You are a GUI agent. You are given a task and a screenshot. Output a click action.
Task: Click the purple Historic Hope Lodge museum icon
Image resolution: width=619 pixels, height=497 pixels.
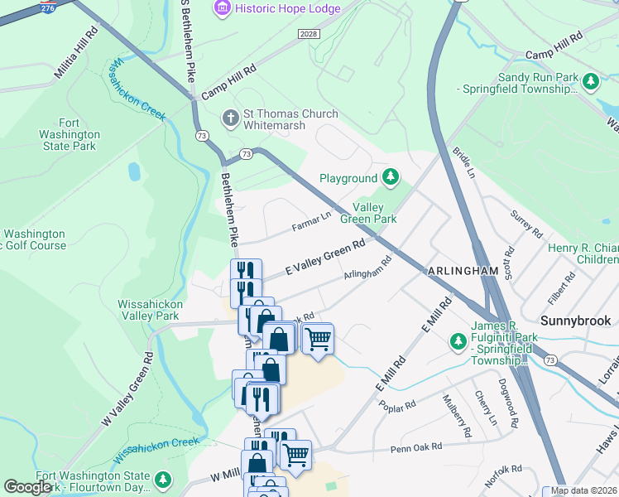222,8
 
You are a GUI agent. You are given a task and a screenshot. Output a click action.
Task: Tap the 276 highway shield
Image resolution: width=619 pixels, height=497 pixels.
49,7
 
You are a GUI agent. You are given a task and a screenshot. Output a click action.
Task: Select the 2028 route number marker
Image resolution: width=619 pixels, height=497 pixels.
308,32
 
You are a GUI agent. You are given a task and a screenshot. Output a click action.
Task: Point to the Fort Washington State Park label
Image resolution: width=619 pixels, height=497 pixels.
70,134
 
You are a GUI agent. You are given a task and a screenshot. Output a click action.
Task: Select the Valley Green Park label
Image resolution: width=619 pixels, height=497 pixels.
375,213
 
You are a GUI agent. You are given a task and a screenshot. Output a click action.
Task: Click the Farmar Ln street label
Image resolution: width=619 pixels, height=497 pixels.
311,221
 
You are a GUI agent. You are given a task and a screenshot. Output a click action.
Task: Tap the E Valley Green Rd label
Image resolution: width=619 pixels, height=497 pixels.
325,258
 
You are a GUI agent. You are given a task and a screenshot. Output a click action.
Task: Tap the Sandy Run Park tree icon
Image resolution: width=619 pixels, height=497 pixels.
591,82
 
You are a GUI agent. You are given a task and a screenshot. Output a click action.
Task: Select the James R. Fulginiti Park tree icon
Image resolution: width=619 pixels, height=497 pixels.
458,341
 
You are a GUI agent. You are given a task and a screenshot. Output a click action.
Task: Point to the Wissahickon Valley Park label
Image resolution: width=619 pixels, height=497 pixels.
149,310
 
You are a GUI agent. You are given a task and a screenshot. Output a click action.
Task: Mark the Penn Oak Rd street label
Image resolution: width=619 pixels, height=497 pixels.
416,446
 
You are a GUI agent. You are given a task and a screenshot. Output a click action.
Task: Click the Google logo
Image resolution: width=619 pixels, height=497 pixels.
27,487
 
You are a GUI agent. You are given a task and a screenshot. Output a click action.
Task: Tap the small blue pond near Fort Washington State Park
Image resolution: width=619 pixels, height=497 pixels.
134,171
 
